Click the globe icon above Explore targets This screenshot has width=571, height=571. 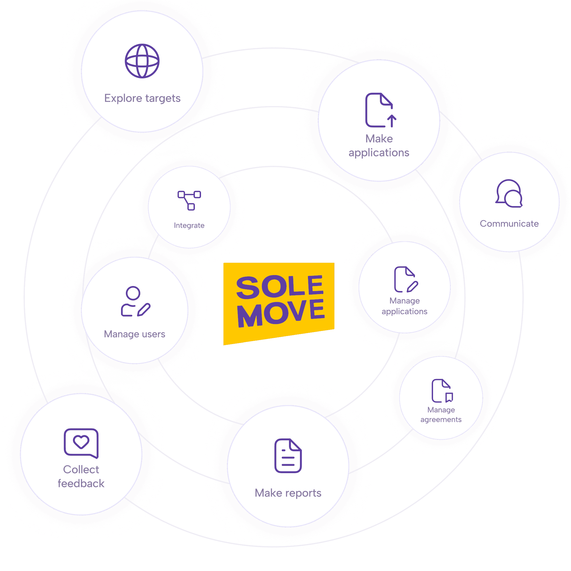pos(142,61)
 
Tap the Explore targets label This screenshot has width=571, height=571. pos(142,98)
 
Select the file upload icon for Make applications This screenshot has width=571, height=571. pos(380,110)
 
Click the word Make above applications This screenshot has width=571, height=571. pos(379,139)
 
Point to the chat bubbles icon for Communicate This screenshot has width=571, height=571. pos(509,194)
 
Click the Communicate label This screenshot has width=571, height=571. pos(509,223)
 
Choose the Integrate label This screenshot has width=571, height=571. pos(189,226)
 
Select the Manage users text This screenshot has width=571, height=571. pos(134,334)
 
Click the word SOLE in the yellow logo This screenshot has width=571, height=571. pos(279,286)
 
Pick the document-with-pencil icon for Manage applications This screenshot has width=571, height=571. pos(406,279)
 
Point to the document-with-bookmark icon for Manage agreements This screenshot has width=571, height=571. pos(442,391)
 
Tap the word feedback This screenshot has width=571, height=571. pos(81,484)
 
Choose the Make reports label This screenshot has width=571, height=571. pos(288,493)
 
